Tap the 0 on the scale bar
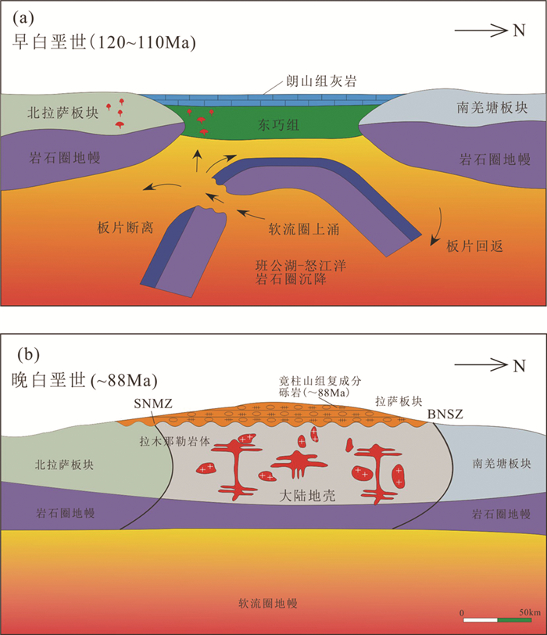click(x=462, y=611)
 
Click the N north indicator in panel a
click(x=518, y=31)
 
